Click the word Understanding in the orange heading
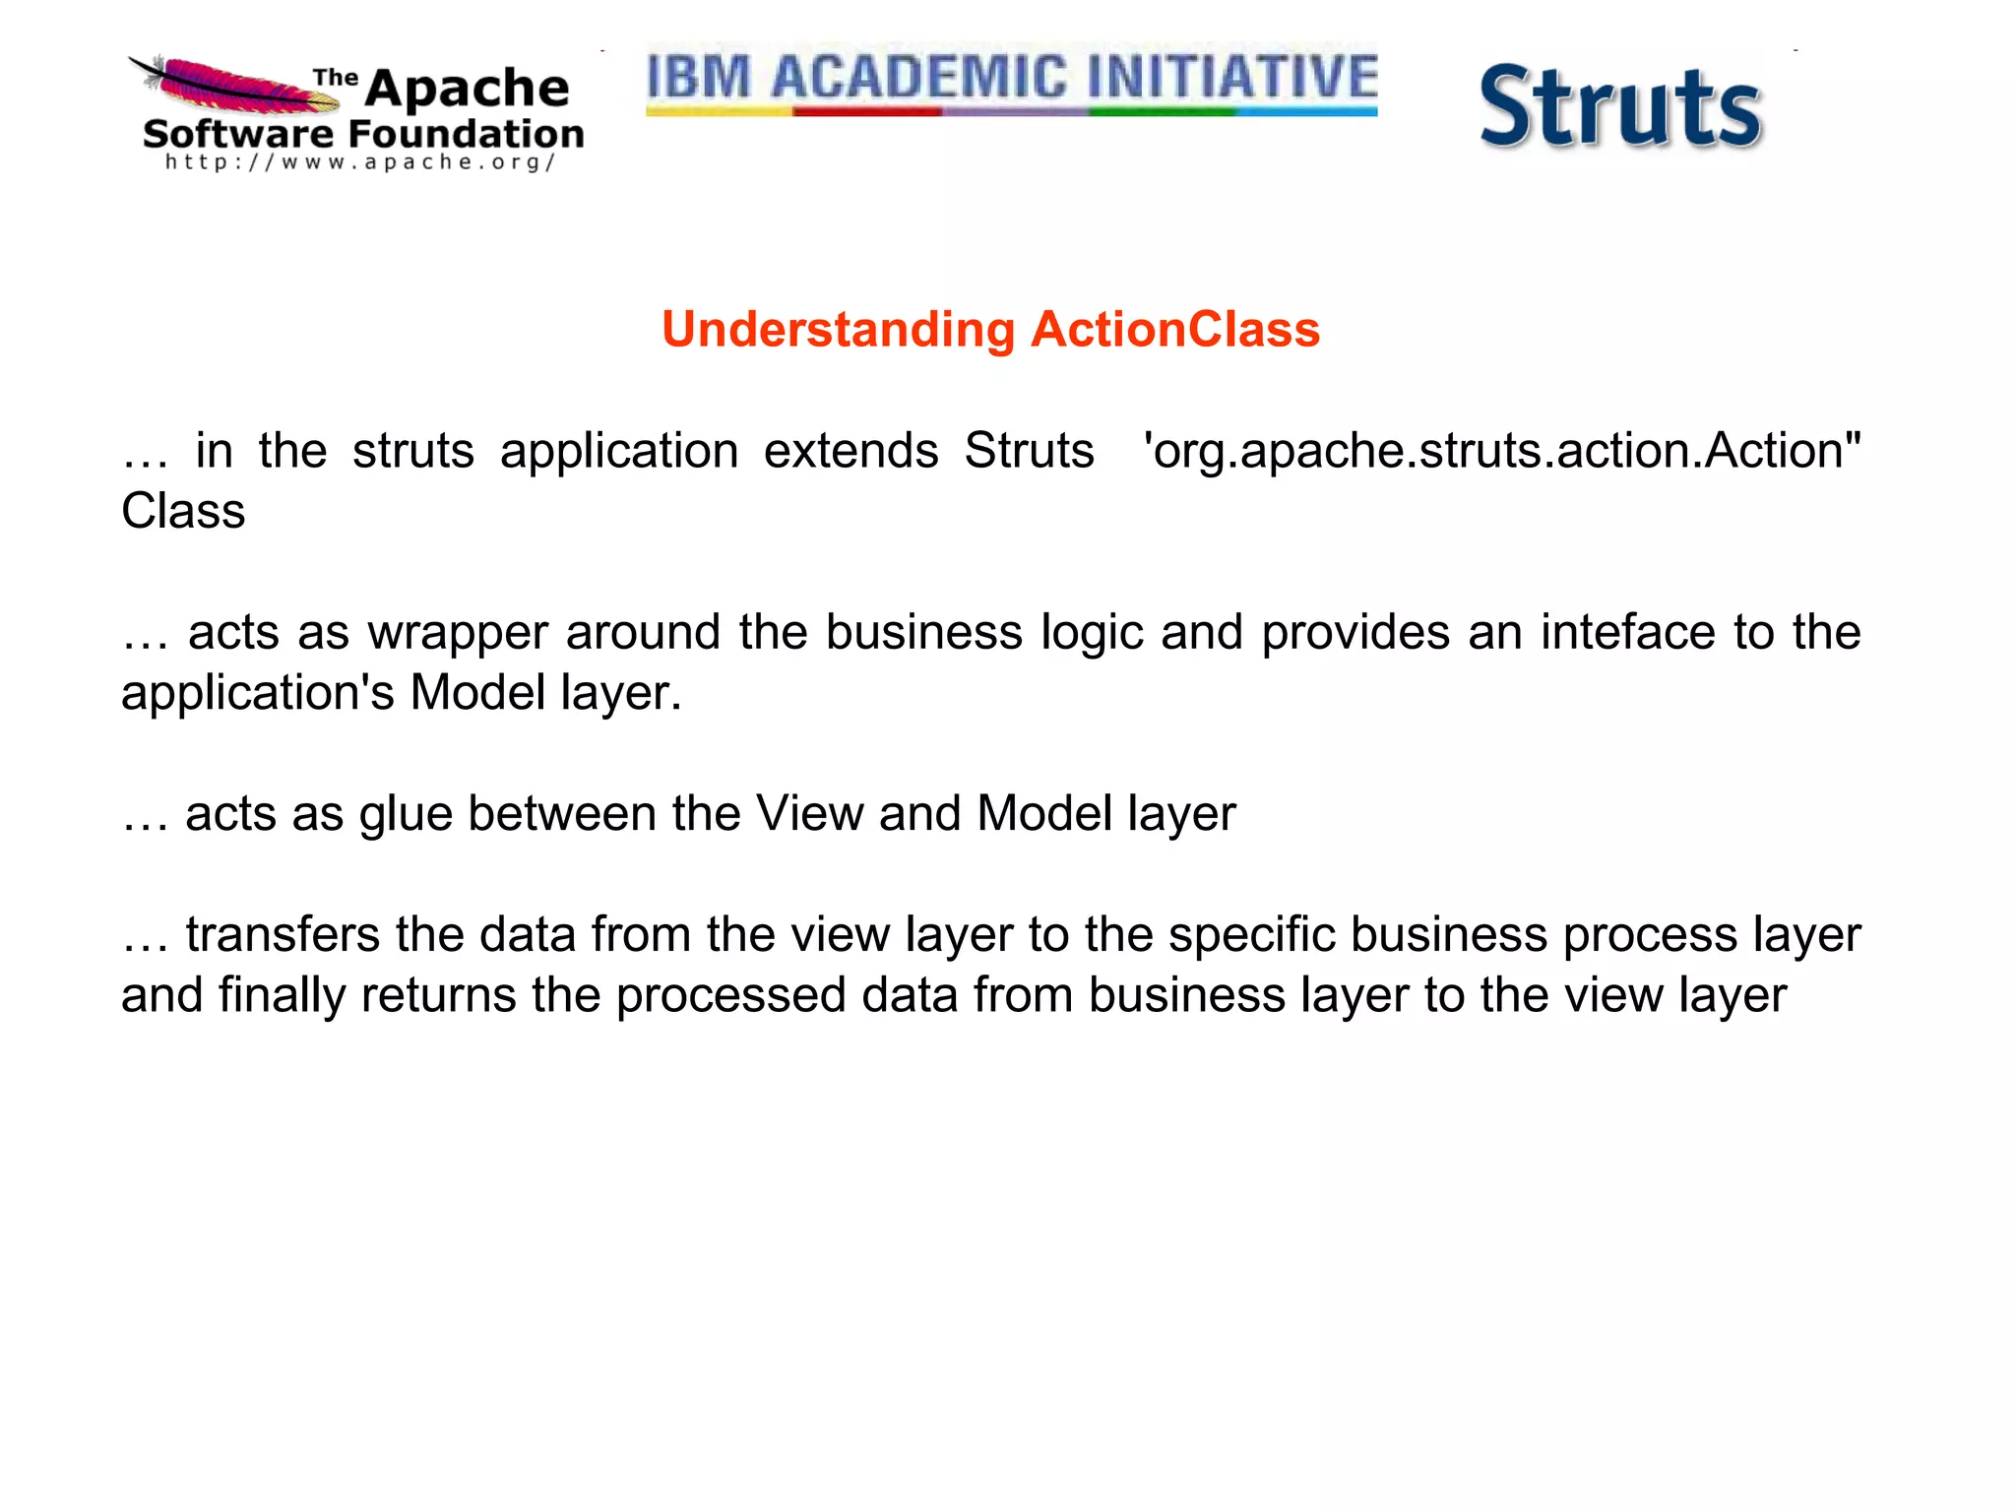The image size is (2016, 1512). (x=838, y=330)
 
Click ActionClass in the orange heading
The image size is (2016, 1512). (x=1175, y=330)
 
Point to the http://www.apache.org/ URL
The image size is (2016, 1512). (x=360, y=162)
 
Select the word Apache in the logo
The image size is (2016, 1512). (x=467, y=89)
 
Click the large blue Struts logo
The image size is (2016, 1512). (x=1620, y=107)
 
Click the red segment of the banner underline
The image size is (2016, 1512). (x=867, y=112)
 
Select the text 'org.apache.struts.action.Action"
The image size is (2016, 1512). (x=1502, y=451)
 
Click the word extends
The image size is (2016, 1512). (x=851, y=451)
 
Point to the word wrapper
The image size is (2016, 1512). (x=458, y=633)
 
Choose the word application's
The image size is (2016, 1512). (x=258, y=693)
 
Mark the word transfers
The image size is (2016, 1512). (x=283, y=934)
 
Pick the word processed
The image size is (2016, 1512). (x=730, y=995)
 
